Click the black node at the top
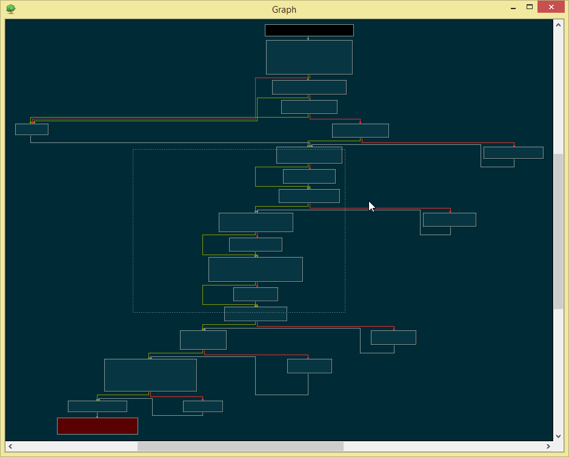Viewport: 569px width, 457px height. point(309,30)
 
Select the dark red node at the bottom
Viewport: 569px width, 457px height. point(97,425)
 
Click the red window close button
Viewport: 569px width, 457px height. point(551,7)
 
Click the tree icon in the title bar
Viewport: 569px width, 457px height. point(11,8)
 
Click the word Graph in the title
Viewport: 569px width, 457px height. point(284,10)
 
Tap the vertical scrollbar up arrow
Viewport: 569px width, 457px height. point(558,25)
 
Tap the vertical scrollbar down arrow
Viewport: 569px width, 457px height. point(558,436)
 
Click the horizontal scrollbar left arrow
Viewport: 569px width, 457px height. point(10,446)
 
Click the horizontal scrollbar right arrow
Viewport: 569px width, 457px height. point(548,446)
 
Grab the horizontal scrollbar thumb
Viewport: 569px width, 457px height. point(240,446)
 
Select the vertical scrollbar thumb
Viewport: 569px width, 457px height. point(558,232)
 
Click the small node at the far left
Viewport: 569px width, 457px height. point(32,129)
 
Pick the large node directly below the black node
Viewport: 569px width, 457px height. point(309,57)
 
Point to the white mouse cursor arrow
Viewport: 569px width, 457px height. point(371,207)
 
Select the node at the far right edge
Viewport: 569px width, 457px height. point(513,153)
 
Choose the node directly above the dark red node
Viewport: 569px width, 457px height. point(97,406)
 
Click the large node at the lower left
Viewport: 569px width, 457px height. point(150,375)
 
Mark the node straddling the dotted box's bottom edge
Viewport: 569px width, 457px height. point(256,314)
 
